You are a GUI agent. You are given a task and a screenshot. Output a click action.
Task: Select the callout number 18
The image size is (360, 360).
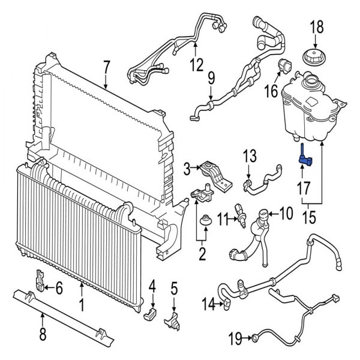coord(316,27)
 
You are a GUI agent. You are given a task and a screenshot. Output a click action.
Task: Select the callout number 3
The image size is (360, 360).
coord(187,167)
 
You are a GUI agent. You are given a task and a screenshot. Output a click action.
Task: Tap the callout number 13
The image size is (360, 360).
coord(250,157)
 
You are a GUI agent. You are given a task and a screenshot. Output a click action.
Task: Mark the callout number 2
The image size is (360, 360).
coord(202,254)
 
